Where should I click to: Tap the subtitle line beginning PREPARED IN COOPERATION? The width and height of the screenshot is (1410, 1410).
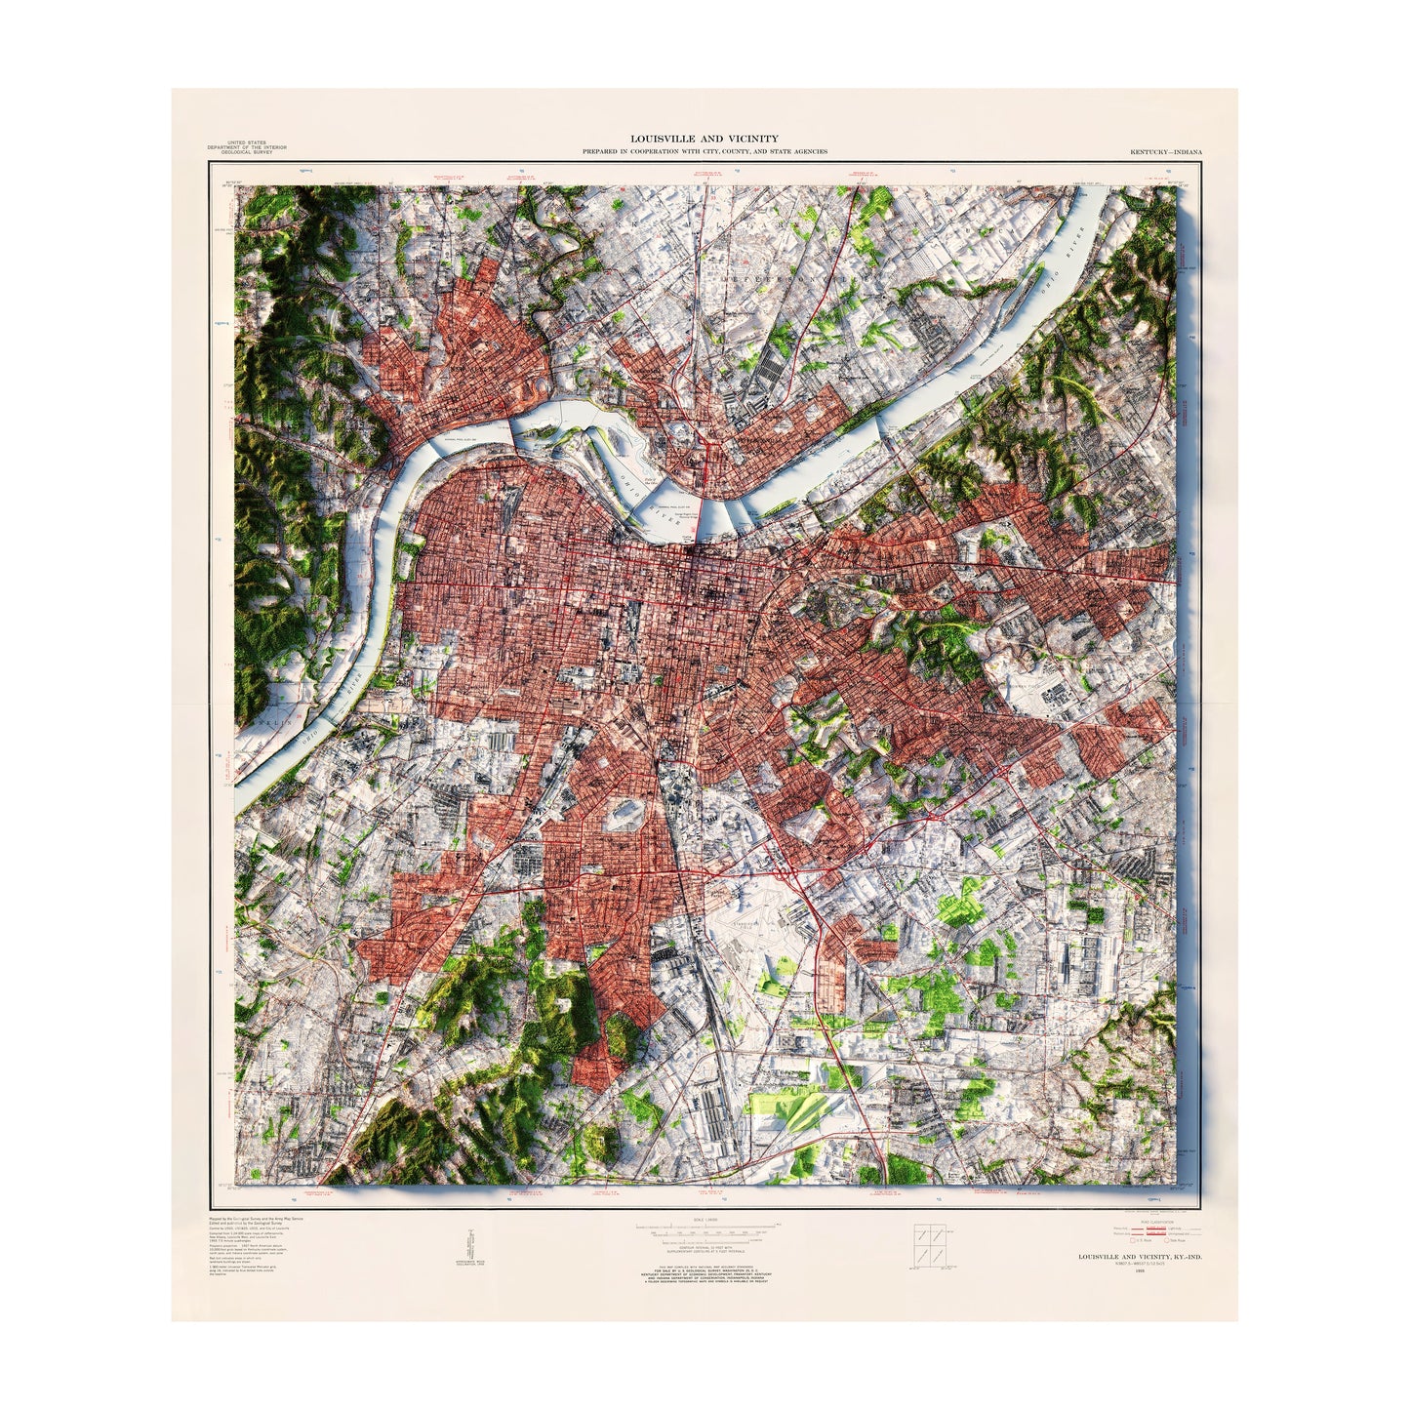(x=705, y=152)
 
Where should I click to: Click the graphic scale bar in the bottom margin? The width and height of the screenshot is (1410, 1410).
(x=705, y=1226)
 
